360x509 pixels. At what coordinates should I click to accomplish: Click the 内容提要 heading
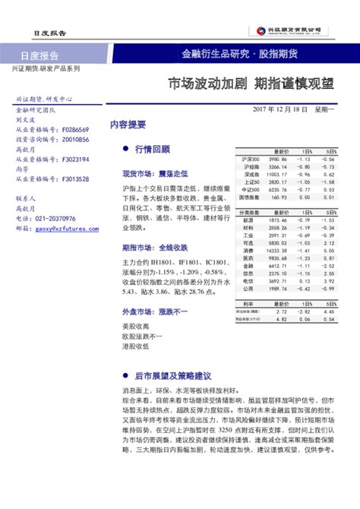(128, 123)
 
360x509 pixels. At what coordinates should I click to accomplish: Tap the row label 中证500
(249, 189)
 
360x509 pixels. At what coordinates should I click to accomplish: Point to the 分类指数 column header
(249, 213)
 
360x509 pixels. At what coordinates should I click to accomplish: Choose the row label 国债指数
(249, 197)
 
